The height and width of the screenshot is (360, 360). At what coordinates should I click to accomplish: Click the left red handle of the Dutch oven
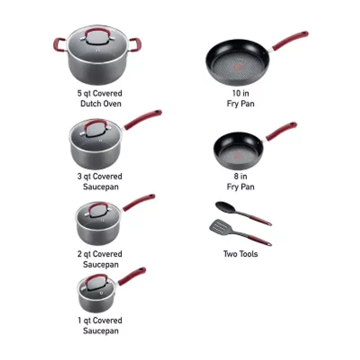pyautogui.click(x=58, y=44)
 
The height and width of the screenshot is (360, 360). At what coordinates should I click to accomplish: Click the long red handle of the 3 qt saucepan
pyautogui.click(x=143, y=119)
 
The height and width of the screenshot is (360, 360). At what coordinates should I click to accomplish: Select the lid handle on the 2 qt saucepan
pyautogui.click(x=98, y=208)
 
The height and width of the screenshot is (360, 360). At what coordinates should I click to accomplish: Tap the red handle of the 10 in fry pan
pyautogui.click(x=291, y=40)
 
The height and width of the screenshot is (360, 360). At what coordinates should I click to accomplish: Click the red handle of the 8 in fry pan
pyautogui.click(x=282, y=131)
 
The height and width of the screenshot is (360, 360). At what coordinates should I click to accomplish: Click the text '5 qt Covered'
pyautogui.click(x=99, y=94)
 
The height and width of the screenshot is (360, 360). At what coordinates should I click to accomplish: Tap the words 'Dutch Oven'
pyautogui.click(x=100, y=104)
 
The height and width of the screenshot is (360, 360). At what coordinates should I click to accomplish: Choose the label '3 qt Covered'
pyautogui.click(x=99, y=176)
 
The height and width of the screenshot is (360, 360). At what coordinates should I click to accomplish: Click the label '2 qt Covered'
pyautogui.click(x=99, y=254)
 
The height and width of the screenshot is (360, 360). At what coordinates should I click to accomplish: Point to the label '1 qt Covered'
pyautogui.click(x=99, y=320)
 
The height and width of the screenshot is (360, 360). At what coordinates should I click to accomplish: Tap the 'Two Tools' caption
pyautogui.click(x=241, y=254)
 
